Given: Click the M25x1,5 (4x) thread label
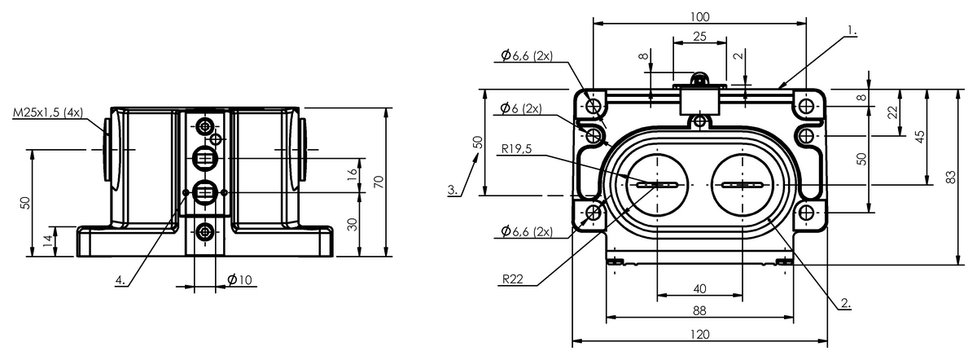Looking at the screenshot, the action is pos(47,112).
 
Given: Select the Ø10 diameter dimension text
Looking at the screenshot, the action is pos(240,279).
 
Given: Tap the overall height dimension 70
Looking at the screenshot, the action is pos(379,182).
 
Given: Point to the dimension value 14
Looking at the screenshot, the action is pos(51,241).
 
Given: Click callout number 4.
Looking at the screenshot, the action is pos(120,279).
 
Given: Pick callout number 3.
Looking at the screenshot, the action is pos(453,190).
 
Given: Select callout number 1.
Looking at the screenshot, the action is pos(852,31).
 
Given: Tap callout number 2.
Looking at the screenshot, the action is pos(846,303).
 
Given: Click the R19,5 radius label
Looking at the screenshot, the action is pos(516,149).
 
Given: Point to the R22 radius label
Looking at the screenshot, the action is pos(512,279).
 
